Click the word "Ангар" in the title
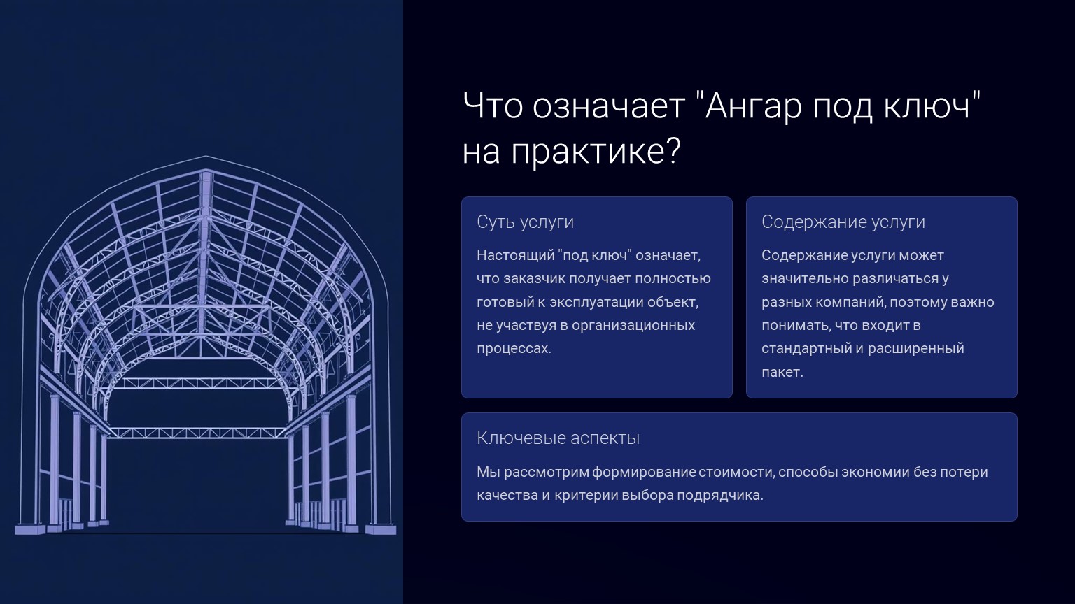754,107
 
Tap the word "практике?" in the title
596,153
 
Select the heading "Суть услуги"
525,222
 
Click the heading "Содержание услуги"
843,222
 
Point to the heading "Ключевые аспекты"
558,438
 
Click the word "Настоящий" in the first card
515,255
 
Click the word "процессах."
514,349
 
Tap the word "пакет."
782,372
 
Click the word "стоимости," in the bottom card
737,472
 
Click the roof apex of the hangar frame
206,157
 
